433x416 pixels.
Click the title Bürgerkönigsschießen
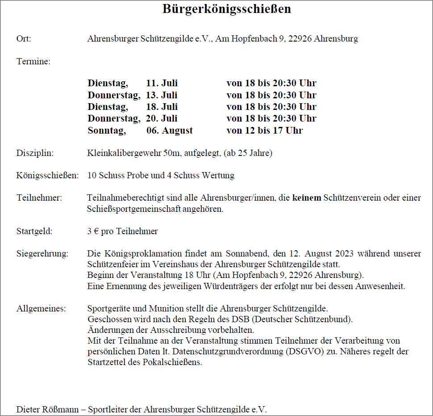point(227,9)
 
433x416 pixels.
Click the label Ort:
point(24,39)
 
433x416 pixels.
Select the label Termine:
point(33,62)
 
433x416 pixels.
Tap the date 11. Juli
point(162,84)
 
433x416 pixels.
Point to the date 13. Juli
point(162,95)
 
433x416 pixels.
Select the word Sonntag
point(107,130)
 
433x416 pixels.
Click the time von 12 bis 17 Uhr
point(265,130)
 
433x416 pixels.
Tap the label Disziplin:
point(35,153)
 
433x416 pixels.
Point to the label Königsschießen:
point(48,176)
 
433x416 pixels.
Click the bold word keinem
point(307,197)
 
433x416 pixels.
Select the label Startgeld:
point(34,231)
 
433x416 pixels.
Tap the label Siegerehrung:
point(42,254)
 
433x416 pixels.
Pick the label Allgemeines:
point(41,308)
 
